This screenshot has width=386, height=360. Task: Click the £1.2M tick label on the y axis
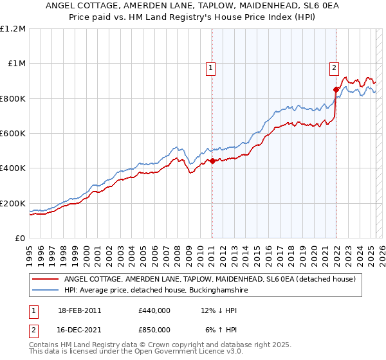point(13,29)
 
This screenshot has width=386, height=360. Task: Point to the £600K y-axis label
point(13,133)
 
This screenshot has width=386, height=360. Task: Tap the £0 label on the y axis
point(21,238)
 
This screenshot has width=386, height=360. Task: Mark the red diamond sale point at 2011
point(212,161)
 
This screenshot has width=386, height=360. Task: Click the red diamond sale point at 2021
point(336,90)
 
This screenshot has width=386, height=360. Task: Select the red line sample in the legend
point(46,279)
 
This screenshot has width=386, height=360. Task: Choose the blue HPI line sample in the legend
point(46,290)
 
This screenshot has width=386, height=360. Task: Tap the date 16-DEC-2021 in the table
point(80,329)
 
